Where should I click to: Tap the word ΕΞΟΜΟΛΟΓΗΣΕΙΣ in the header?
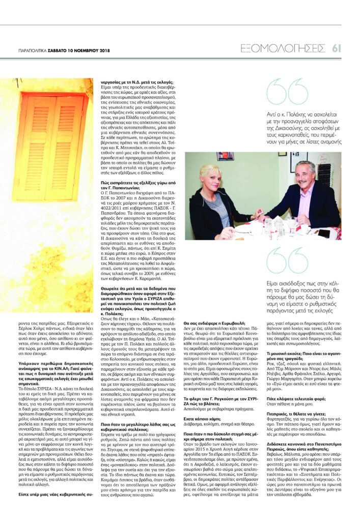[283, 48]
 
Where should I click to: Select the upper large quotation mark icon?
[280, 92]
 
